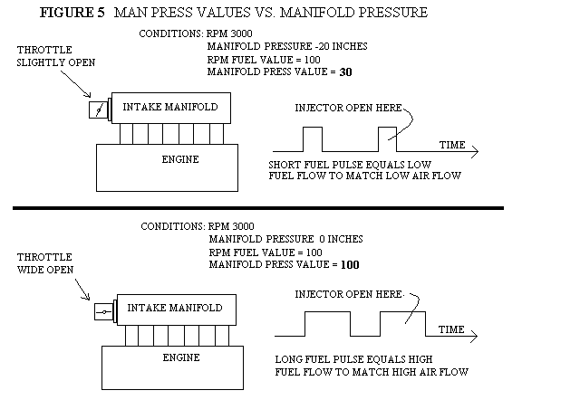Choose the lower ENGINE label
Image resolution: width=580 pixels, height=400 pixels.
180,357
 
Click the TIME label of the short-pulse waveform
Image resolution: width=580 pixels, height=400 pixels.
452,145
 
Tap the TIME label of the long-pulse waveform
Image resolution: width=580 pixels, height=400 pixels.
452,329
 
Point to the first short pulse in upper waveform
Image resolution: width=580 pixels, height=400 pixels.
311,138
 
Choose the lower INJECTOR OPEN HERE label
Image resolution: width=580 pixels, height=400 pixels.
349,294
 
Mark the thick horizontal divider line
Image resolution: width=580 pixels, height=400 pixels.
257,208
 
